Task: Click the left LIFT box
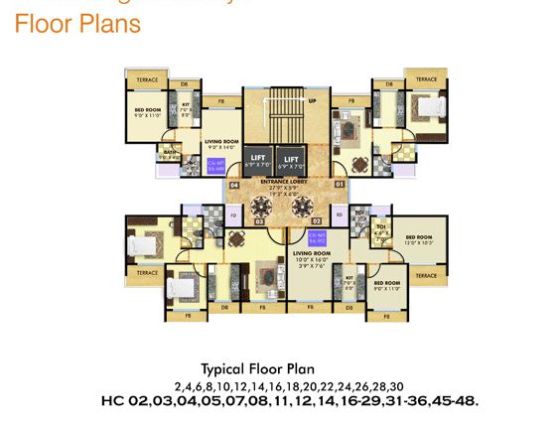[x=257, y=159]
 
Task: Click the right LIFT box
[x=290, y=159]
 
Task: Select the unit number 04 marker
[x=235, y=184]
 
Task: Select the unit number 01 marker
[x=339, y=184]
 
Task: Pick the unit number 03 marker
[x=259, y=221]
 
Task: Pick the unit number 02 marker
[x=318, y=220]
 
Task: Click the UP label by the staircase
[x=313, y=101]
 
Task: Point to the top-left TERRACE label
[x=147, y=78]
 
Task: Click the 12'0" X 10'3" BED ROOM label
[x=419, y=239]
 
